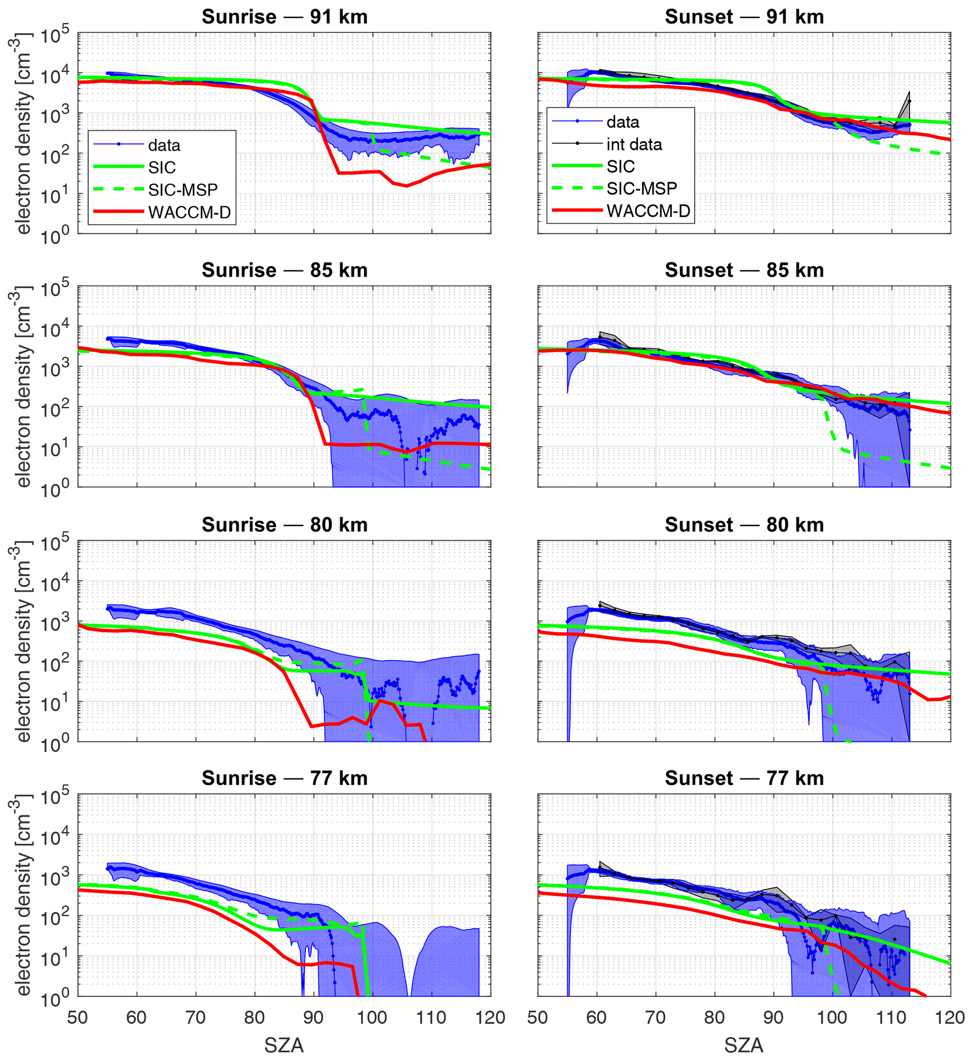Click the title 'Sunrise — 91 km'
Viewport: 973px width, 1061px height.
[x=284, y=17]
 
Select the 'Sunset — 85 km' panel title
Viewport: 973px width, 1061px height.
[x=744, y=270]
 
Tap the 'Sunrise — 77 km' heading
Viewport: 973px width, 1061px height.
[x=284, y=778]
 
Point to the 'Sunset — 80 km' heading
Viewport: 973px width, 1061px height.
[x=744, y=525]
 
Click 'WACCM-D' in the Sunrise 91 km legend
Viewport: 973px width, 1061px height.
[x=190, y=212]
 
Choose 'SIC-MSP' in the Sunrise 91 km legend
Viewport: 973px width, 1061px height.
[x=183, y=190]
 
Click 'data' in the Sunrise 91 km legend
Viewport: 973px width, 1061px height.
[x=164, y=145]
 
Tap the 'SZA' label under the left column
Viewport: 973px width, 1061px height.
[x=284, y=1045]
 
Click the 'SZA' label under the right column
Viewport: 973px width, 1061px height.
[x=743, y=1045]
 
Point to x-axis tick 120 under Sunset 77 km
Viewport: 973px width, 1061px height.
[x=950, y=1017]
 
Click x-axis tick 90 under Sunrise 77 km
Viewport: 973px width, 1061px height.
[x=314, y=1017]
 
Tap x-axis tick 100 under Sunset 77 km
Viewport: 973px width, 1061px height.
[x=832, y=1017]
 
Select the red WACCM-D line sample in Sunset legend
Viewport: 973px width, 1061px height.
[x=577, y=210]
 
